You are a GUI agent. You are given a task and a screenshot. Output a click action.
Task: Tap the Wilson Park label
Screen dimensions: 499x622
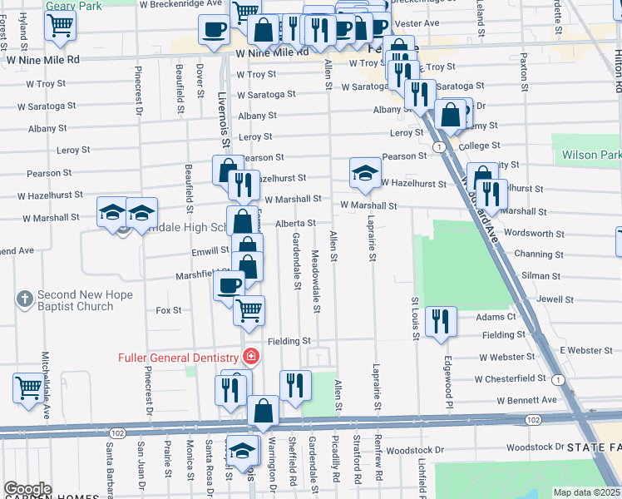click(x=591, y=155)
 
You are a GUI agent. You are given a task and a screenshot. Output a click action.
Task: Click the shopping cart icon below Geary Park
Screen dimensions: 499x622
click(x=60, y=26)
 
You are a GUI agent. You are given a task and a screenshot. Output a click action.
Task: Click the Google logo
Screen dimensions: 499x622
click(x=27, y=490)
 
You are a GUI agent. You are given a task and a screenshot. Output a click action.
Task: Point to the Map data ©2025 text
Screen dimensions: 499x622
click(x=587, y=492)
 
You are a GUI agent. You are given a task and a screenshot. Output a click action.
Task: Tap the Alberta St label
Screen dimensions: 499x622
click(x=295, y=223)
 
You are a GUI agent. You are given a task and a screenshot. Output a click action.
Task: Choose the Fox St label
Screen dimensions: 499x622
click(x=169, y=310)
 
